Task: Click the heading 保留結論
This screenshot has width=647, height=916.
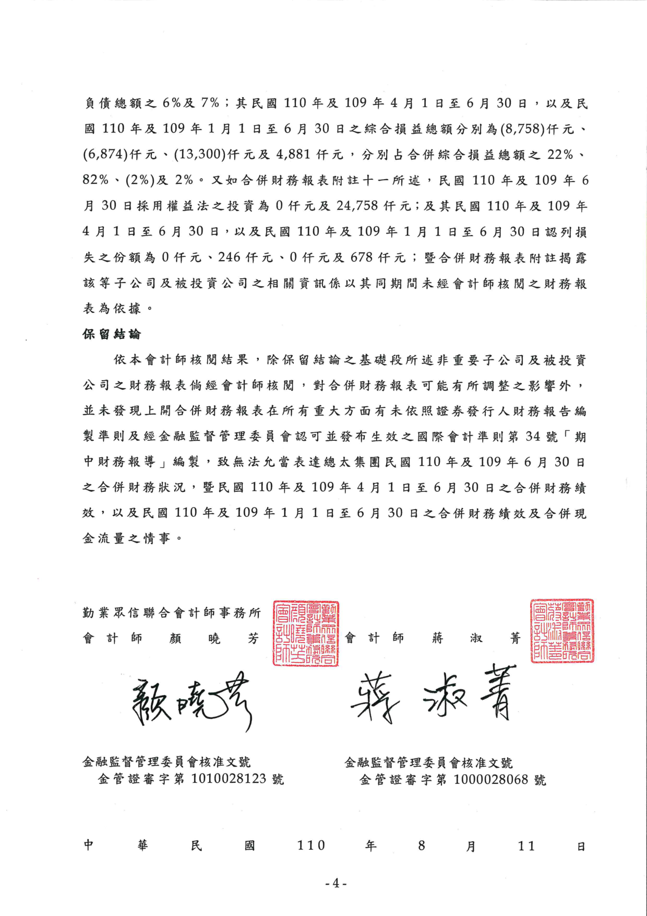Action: pos(112,334)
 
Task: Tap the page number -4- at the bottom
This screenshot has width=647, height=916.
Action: pos(336,883)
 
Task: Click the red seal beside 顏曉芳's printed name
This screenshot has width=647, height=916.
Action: pos(306,633)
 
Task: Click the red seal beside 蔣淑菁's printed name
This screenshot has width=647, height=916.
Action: pos(562,631)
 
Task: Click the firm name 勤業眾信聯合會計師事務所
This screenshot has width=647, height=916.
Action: pos(172,613)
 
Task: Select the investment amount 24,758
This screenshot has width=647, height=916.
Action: pos(357,206)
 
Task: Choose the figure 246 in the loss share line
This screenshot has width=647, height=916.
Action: pos(229,257)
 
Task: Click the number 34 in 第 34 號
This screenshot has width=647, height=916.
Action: pos(533,437)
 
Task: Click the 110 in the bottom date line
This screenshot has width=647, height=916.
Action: pos(311,845)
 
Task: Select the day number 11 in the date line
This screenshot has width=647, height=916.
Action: pos(526,846)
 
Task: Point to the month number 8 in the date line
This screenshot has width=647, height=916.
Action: pos(422,846)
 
